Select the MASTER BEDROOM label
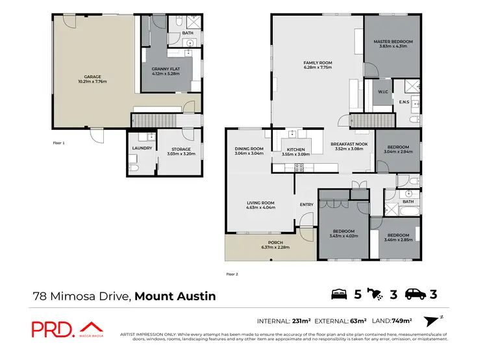(393, 42)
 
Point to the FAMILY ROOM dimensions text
(318, 68)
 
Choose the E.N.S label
(403, 102)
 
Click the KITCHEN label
(295, 149)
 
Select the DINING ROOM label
(249, 149)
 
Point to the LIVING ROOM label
(260, 203)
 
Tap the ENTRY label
(306, 205)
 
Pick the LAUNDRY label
(142, 148)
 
